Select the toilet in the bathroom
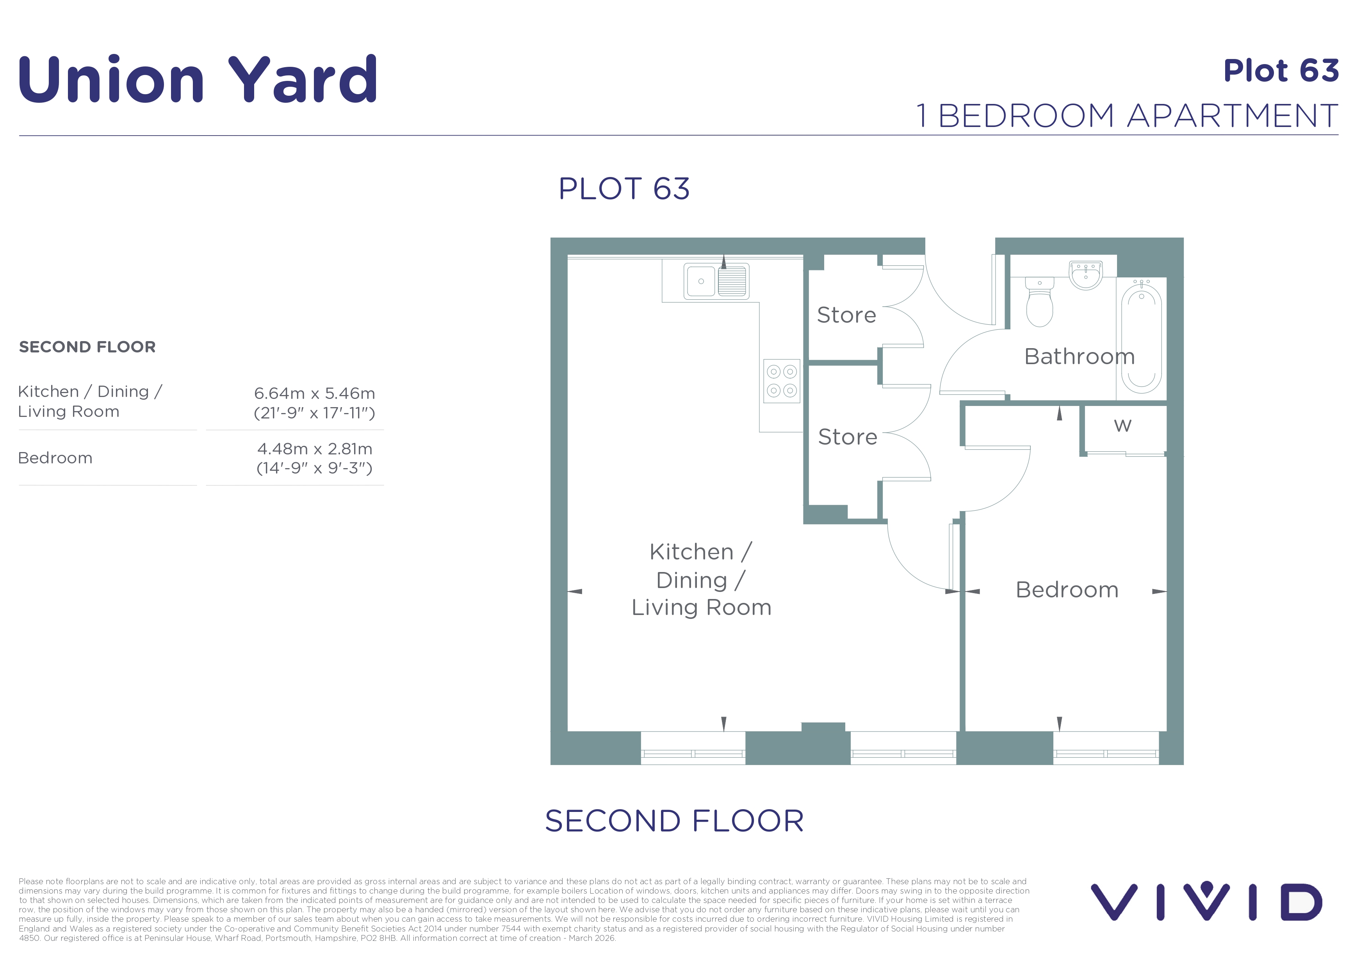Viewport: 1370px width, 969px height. point(1039,302)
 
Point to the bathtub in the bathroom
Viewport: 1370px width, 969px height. point(1142,338)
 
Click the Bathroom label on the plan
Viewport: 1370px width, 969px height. point(1080,356)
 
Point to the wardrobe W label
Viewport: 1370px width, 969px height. point(1122,426)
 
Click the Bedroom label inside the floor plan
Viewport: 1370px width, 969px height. point(1067,590)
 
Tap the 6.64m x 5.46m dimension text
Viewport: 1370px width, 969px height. point(314,393)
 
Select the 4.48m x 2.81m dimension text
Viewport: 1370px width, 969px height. point(314,449)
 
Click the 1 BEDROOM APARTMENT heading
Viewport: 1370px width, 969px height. point(1127,116)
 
